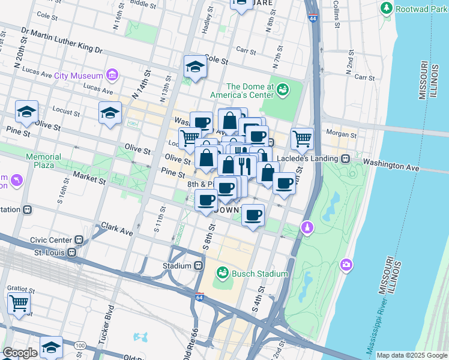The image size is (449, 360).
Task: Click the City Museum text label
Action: point(78,76)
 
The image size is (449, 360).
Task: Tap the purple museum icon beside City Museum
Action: point(112,75)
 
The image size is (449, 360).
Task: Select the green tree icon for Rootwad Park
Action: point(387,8)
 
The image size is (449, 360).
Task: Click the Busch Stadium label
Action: point(259,274)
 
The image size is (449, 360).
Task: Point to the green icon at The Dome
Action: point(282,91)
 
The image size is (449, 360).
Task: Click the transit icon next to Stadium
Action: point(199,265)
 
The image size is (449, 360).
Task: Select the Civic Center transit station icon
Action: point(79,239)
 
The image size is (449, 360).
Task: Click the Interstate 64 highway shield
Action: point(199,297)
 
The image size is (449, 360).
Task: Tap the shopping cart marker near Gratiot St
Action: point(19,303)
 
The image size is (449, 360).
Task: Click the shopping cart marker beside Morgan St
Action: point(303,139)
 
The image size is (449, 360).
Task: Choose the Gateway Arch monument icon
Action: point(307,228)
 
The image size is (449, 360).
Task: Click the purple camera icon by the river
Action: point(346,265)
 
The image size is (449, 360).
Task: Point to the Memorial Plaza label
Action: point(43,161)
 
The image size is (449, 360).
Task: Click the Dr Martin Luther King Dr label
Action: point(62,40)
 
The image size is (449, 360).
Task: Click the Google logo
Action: point(20,353)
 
